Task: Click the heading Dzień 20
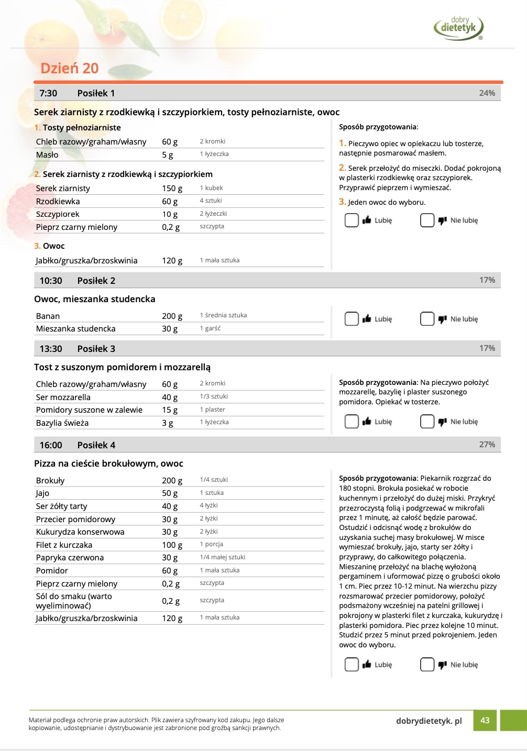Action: [69, 68]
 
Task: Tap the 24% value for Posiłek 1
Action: [487, 93]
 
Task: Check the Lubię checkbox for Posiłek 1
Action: [352, 220]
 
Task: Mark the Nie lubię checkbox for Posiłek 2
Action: [427, 319]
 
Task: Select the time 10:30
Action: [51, 281]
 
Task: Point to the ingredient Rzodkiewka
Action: [58, 202]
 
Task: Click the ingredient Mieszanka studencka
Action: [75, 329]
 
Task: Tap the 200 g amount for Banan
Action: [172, 316]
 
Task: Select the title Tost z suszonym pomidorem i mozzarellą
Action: [122, 367]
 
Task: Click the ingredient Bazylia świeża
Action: [62, 423]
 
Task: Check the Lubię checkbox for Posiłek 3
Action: [352, 422]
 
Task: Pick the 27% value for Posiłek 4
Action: [487, 444]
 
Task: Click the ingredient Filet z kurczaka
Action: [64, 545]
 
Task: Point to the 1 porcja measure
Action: [211, 545]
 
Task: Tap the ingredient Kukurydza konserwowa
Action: [80, 532]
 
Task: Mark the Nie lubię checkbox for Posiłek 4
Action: [427, 665]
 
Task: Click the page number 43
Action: [485, 720]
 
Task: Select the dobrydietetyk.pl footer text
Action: [429, 721]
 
